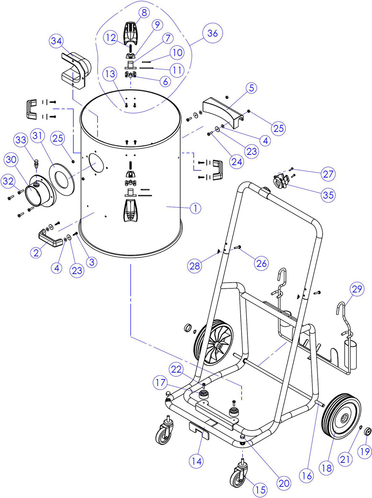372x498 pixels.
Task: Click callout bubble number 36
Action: [x=212, y=33]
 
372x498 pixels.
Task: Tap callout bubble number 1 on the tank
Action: [x=196, y=208]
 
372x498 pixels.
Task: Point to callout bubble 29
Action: [x=357, y=289]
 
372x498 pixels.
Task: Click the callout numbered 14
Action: [x=197, y=461]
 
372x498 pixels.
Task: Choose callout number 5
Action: [x=252, y=88]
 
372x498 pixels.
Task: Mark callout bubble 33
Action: [x=21, y=140]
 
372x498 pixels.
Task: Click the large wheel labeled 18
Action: [x=342, y=416]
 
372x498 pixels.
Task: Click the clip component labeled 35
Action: [x=281, y=181]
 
